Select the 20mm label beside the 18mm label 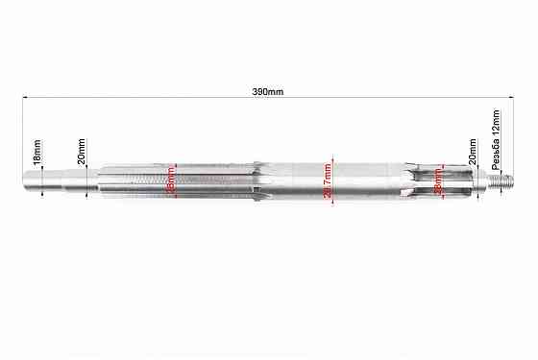[81, 150]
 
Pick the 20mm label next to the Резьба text [472, 156]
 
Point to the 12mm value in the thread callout [496, 119]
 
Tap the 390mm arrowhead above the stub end [24, 97]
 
